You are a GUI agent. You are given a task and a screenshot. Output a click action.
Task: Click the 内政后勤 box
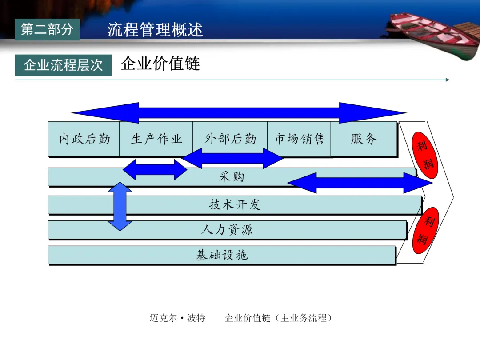coord(84,139)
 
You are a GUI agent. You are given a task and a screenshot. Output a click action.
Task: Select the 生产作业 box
coord(156,139)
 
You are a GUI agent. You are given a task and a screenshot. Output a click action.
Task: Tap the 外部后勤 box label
coord(230,139)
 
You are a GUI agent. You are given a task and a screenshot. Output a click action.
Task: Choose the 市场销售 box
coord(299,139)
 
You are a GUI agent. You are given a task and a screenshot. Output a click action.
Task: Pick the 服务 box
coord(364,139)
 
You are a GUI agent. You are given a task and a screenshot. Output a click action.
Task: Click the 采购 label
coord(232,177)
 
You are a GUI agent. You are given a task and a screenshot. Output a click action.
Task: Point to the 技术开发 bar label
coord(234,204)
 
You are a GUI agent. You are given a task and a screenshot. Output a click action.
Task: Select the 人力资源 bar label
coord(227,230)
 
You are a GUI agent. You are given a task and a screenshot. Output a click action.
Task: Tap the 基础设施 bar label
coord(222,255)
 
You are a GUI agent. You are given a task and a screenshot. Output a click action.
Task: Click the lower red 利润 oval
coord(426,230)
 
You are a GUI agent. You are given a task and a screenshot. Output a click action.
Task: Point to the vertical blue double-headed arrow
coord(120,206)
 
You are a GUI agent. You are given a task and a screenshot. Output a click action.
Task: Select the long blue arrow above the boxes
coord(239,113)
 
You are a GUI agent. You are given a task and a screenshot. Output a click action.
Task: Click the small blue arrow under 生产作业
coord(155,169)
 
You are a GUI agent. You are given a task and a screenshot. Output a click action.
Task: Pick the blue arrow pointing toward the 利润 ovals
coord(360,183)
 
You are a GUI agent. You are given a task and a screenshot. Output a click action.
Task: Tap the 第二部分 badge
coord(47,30)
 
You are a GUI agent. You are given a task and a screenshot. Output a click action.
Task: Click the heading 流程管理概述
coord(155,30)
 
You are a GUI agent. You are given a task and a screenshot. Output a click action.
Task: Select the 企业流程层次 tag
coord(63,65)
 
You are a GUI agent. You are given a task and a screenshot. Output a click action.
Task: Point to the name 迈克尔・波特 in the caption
coord(177,318)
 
